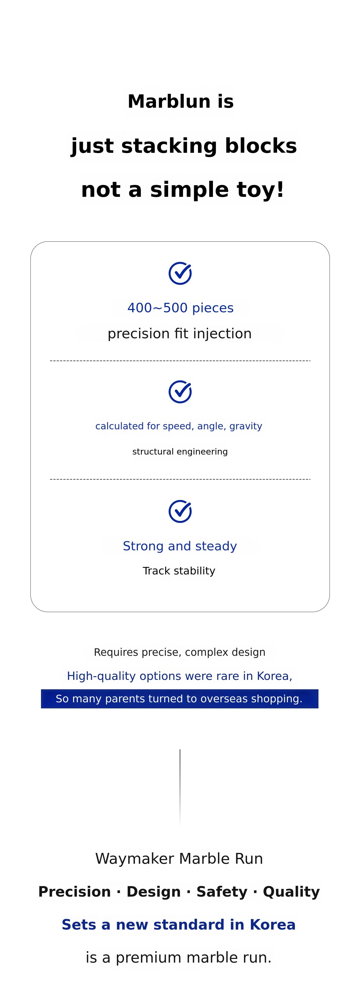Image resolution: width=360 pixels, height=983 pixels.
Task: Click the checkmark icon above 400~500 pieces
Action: tap(180, 273)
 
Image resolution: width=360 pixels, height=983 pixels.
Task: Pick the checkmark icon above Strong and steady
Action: tap(180, 511)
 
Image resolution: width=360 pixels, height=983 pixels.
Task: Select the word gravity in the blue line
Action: tap(246, 426)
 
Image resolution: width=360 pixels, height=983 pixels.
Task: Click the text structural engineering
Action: tap(180, 452)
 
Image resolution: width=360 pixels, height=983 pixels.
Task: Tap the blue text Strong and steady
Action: tap(180, 546)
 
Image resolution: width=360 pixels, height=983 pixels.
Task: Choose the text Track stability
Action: tap(179, 571)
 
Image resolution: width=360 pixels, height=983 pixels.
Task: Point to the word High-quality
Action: tap(101, 676)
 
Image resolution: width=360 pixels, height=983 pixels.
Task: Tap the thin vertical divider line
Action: tap(180, 787)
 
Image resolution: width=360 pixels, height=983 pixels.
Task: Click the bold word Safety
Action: tap(222, 892)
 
